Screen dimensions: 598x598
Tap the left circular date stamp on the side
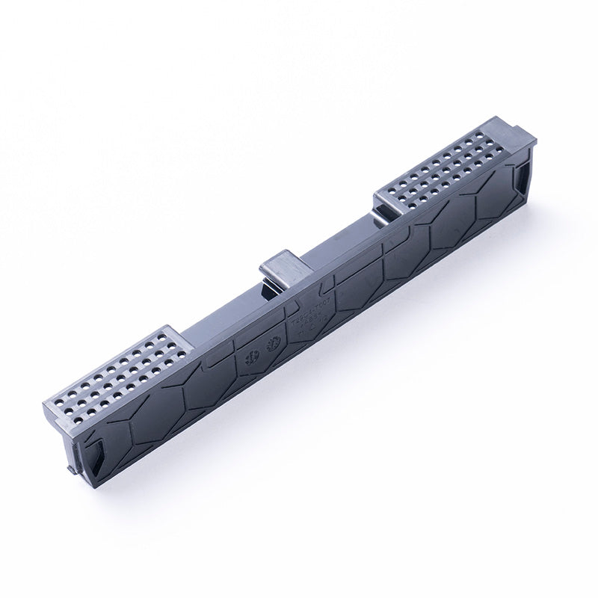pos(250,357)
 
